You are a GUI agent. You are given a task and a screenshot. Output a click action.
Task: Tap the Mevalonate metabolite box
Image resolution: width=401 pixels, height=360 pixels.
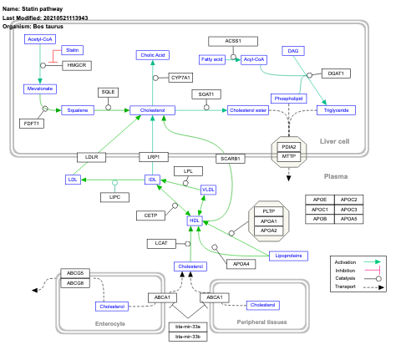(39, 88)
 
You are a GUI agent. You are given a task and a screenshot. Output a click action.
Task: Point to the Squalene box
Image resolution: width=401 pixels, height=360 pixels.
(74, 109)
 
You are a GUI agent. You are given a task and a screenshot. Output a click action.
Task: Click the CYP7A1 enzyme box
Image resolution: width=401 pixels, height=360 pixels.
(179, 77)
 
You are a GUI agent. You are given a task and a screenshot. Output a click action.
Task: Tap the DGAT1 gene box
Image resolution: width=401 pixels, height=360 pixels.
(336, 74)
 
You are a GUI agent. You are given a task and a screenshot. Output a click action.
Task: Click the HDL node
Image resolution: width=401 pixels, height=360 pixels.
(194, 221)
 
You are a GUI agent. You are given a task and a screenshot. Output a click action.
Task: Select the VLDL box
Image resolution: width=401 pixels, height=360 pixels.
(208, 190)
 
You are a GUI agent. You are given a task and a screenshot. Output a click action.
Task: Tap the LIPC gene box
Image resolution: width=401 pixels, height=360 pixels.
(114, 197)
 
